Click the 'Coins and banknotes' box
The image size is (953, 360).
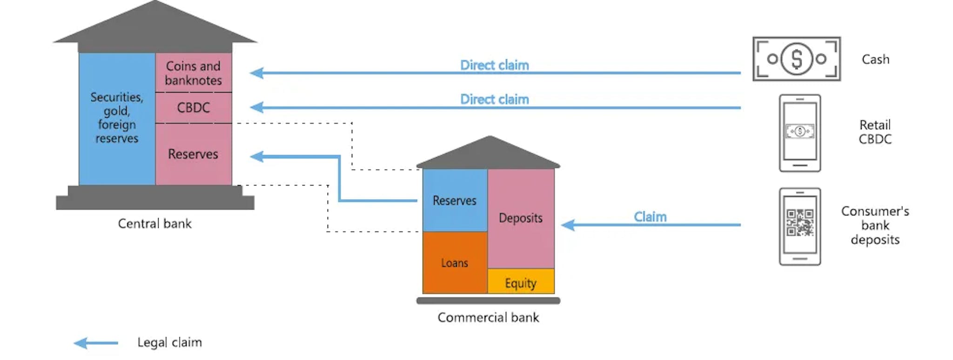[x=193, y=73]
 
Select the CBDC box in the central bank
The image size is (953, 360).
[x=193, y=107]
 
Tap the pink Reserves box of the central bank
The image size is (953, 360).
[x=193, y=154]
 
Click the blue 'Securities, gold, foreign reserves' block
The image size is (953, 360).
[x=117, y=118]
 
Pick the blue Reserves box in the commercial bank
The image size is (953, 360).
[x=455, y=200]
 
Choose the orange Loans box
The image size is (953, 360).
[x=455, y=263]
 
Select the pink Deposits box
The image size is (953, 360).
[x=521, y=218]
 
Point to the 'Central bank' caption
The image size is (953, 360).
[x=154, y=224]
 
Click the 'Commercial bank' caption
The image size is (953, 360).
[x=488, y=318]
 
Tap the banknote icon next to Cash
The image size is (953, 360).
[x=797, y=59]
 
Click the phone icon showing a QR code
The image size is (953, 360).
[x=800, y=227]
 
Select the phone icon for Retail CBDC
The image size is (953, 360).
[x=800, y=133]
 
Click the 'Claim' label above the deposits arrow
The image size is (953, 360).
[x=650, y=217]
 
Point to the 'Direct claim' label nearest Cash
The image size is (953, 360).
[x=494, y=65]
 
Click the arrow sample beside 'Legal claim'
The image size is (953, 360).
[x=96, y=343]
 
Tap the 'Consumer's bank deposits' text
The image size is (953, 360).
[x=875, y=226]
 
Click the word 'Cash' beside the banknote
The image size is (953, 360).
[x=875, y=60]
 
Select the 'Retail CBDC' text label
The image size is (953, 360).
[x=875, y=132]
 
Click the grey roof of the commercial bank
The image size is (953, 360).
[x=489, y=153]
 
